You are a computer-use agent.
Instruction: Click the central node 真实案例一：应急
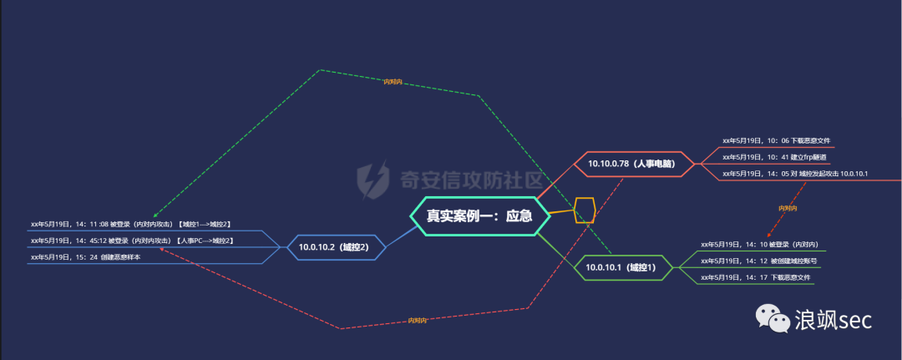pyautogui.click(x=479, y=215)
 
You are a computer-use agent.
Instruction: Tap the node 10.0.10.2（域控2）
pyautogui.click(x=333, y=247)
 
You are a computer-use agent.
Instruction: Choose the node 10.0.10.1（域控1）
pyautogui.click(x=621, y=267)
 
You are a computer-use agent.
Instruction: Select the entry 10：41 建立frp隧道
pyautogui.click(x=774, y=157)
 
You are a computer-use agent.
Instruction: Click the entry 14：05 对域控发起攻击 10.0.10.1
pyautogui.click(x=795, y=174)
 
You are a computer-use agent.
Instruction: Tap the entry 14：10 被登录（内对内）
pyautogui.click(x=759, y=245)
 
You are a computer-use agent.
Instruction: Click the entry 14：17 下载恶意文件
pyautogui.click(x=755, y=277)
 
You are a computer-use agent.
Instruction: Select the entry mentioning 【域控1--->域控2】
pyautogui.click(x=130, y=225)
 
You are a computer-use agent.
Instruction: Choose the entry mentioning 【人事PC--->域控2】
pyautogui.click(x=132, y=241)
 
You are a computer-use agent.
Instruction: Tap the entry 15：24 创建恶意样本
pyautogui.click(x=85, y=257)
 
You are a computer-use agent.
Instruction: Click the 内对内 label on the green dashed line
pyautogui.click(x=393, y=82)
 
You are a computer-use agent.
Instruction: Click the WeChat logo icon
pyautogui.click(x=772, y=319)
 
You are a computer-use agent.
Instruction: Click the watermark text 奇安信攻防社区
pyautogui.click(x=471, y=180)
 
